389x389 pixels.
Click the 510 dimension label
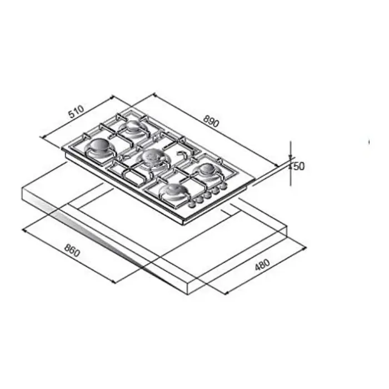coord(77,112)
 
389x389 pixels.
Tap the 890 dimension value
coord(211,121)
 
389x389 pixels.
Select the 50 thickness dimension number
coord(299,166)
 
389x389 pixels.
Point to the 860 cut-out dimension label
coord(72,250)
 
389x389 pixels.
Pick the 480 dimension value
coord(262,265)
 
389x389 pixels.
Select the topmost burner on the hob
coord(134,126)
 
